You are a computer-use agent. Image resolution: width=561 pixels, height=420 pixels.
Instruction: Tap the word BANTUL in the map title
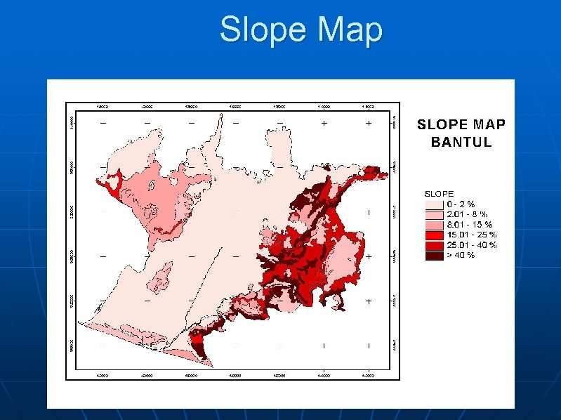pyautogui.click(x=461, y=142)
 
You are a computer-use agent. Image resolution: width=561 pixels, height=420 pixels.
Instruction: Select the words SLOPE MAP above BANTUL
pyautogui.click(x=461, y=125)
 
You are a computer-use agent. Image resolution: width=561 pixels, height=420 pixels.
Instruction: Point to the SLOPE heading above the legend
pyautogui.click(x=440, y=193)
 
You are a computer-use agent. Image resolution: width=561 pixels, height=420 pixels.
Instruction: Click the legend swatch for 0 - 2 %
pyautogui.click(x=435, y=204)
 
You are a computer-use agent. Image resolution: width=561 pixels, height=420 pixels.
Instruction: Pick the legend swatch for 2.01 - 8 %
pyautogui.click(x=435, y=214)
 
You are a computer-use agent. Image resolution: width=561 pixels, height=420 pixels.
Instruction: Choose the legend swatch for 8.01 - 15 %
pyautogui.click(x=435, y=224)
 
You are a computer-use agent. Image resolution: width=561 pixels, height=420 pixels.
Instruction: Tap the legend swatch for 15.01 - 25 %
pyautogui.click(x=435, y=234)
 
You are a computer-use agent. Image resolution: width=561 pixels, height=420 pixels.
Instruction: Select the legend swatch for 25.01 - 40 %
pyautogui.click(x=435, y=244)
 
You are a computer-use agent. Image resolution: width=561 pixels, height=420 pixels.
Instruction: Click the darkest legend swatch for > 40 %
pyautogui.click(x=435, y=254)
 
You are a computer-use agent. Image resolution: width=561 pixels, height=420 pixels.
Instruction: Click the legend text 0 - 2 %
pyautogui.click(x=461, y=204)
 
